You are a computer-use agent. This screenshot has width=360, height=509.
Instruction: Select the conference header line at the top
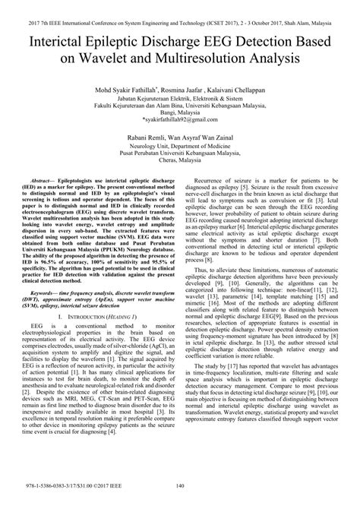(x=180, y=8)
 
